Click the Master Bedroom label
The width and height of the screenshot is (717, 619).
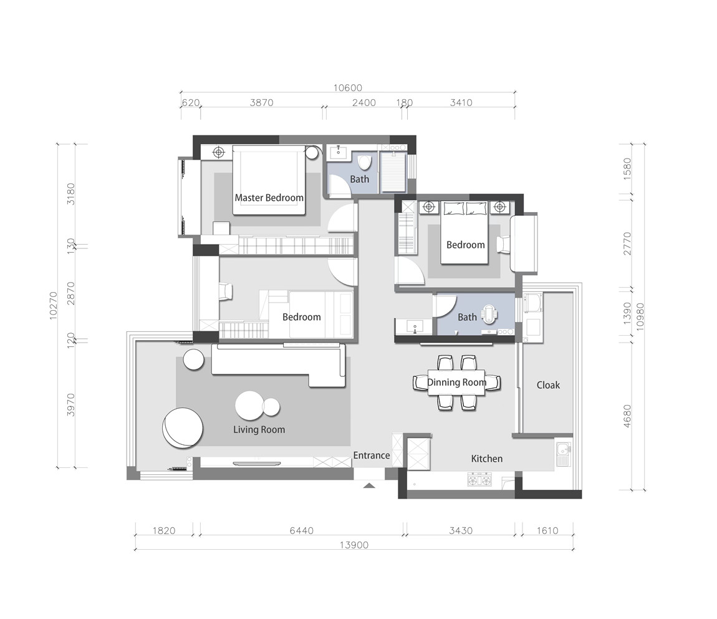[x=269, y=198]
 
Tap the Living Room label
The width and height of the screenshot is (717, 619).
[x=259, y=429]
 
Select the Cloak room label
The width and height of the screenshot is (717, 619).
[x=548, y=385]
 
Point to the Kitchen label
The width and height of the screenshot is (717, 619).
[x=486, y=459]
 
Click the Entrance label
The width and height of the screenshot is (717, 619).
[x=372, y=456]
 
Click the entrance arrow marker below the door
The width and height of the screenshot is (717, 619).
[x=370, y=485]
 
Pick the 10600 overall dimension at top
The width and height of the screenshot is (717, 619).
[x=347, y=88]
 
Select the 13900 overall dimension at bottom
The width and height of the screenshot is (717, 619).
[x=354, y=545]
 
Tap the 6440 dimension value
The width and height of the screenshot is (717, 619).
[x=301, y=530]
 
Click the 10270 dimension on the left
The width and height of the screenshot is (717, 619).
[x=54, y=306]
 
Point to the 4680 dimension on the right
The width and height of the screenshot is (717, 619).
[x=627, y=416]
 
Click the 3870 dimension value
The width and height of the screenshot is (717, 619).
[x=262, y=102]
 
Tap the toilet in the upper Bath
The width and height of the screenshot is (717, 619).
[x=365, y=162]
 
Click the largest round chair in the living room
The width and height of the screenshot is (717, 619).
[x=183, y=429]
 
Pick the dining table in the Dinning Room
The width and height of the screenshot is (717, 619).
[x=456, y=383]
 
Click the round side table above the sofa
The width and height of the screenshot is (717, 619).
[x=193, y=359]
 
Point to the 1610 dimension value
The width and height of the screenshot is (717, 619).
[x=547, y=530]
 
